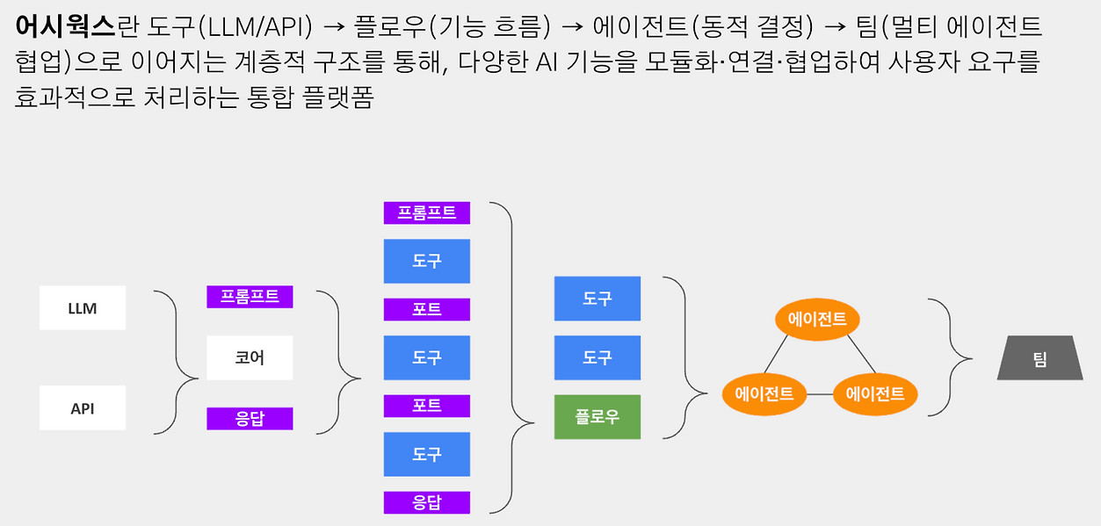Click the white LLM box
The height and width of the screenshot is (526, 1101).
83,308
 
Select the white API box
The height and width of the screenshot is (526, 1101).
83,408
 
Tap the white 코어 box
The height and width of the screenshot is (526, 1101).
250,358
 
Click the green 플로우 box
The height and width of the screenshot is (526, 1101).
598,417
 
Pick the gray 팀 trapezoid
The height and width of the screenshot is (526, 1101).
1039,358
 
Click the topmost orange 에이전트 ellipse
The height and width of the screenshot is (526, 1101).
817,320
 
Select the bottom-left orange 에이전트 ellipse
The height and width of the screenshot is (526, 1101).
764,393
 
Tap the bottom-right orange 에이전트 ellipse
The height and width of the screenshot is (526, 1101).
875,393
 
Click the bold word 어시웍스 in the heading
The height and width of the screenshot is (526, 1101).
65,27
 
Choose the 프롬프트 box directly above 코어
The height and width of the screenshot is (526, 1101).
250,297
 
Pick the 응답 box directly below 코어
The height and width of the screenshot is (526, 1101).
250,419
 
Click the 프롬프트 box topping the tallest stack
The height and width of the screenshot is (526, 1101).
427,213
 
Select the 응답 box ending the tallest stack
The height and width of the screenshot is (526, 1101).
427,502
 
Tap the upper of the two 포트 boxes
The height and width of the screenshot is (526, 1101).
427,309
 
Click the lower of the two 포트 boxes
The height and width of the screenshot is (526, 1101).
427,406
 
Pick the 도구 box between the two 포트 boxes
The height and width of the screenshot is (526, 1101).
427,357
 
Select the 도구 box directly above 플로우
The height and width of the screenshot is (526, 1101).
598,357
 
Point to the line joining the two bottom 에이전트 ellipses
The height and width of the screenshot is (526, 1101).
820,394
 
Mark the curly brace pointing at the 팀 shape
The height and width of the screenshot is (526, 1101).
952,357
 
